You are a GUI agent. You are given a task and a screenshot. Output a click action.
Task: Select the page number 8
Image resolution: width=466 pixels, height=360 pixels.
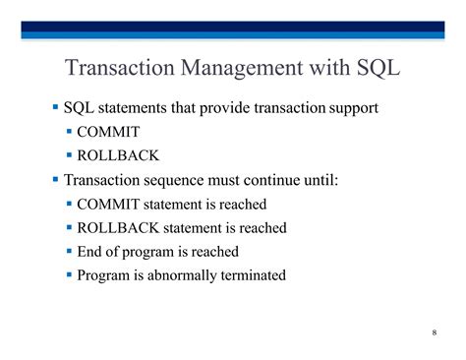(x=434, y=331)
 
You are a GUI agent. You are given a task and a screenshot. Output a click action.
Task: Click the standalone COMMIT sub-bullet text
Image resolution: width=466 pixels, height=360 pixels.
(x=108, y=131)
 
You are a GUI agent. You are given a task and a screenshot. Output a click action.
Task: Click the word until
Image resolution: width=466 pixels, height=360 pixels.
(x=318, y=180)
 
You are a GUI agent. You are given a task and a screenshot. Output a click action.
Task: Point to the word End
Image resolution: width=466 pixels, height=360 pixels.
(x=91, y=252)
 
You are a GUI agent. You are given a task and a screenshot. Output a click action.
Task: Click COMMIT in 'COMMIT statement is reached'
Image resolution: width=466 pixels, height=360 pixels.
(x=108, y=205)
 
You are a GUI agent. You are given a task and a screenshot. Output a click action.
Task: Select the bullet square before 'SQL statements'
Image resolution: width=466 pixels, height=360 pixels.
(x=55, y=105)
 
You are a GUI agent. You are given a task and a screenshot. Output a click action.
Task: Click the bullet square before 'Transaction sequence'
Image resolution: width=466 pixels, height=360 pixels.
(x=55, y=179)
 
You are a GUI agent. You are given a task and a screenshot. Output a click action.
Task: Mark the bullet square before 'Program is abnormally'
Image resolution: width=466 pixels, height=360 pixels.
(x=70, y=274)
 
